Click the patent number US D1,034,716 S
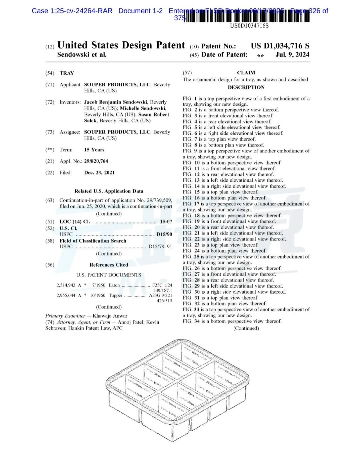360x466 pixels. coord(280,46)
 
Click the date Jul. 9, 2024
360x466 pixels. coord(292,55)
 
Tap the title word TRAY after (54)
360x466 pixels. coord(67,73)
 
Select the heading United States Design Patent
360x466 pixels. coord(121,45)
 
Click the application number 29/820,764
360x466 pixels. coord(96,161)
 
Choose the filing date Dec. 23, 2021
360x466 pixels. coord(99,172)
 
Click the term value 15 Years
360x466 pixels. coord(94,150)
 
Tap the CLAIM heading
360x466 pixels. coord(246,73)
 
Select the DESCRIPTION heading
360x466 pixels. coord(246,87)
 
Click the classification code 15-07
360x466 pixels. coord(166,221)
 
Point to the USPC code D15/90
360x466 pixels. coord(164,234)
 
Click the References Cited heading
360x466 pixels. coord(109,265)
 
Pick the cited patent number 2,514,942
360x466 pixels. coord(66,285)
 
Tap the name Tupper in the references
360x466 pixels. coord(115,295)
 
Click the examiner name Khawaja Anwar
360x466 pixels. coord(110,316)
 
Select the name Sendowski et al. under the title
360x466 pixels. coord(82,55)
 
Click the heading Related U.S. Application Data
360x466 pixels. coord(109,191)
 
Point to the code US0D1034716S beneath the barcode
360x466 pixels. coord(249,26)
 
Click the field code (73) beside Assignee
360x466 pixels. coord(50,132)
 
